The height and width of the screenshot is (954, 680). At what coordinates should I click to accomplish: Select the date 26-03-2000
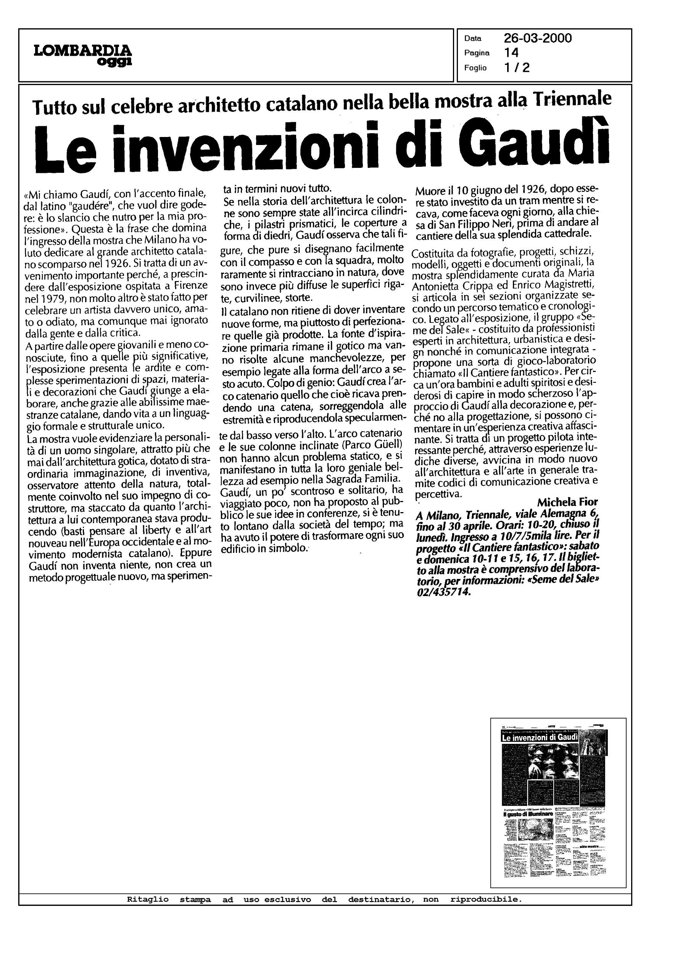click(x=538, y=39)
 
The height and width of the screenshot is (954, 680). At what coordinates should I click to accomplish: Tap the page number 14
click(x=511, y=53)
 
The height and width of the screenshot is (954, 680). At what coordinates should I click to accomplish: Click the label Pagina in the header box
click(x=477, y=53)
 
